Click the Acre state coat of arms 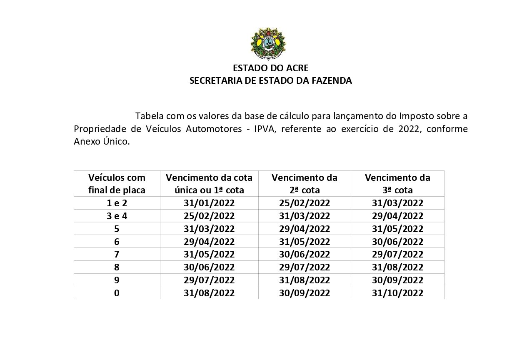pos(268,44)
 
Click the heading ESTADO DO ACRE pos(270,68)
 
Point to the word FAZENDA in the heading pos(332,81)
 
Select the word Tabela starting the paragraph pos(149,115)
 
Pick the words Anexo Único pos(102,141)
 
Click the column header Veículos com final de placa pos(117,184)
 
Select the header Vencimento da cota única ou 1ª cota pos(209,184)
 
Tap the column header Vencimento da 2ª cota pos(305,184)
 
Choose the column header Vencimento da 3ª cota pos(397,184)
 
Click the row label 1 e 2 pos(117,203)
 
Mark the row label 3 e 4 pos(117,216)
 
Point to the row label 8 pos(117,267)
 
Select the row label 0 pos(117,293)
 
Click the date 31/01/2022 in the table pos(209,203)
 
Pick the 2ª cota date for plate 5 pos(305,229)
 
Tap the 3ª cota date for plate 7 pos(397,255)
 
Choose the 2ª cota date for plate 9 pos(305,280)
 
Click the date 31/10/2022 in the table pos(397,293)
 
